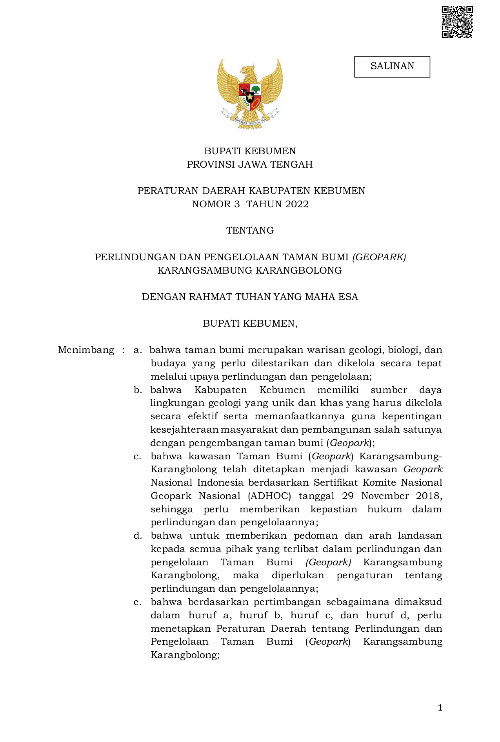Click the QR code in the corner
[x=457, y=22]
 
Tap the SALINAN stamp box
[x=392, y=66]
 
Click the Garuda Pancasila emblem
[x=250, y=93]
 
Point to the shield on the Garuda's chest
[x=250, y=95]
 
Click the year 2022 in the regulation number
[x=297, y=204]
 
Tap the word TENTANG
[x=250, y=230]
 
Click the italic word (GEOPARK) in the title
[x=379, y=257]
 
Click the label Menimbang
[x=86, y=350]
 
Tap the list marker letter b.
[x=137, y=390]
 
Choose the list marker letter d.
[x=137, y=536]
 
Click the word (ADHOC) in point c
[x=269, y=496]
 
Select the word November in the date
[x=381, y=496]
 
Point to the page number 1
[x=440, y=708]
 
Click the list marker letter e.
[x=137, y=602]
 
